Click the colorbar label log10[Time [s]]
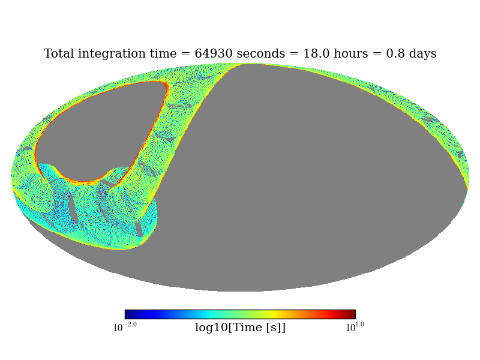pos(240,328)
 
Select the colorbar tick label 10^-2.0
pos(125,327)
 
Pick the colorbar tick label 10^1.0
pos(355,327)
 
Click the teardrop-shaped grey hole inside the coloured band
pos(99,129)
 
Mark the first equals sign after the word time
pos(187,55)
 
